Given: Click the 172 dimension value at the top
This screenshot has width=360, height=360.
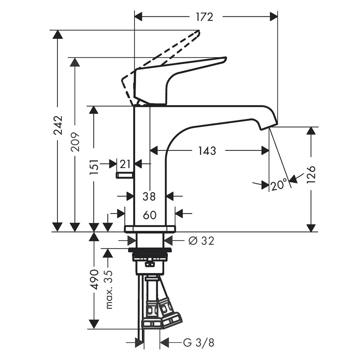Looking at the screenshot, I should [x=205, y=17].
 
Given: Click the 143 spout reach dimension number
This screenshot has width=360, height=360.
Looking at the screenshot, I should [x=207, y=151].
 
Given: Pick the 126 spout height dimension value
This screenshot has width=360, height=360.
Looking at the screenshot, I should [x=312, y=176].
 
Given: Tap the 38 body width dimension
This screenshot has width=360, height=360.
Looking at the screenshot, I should [x=149, y=196].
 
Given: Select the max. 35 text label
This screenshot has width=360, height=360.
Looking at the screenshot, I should [x=109, y=289].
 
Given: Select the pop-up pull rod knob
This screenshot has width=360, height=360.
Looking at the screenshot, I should [x=124, y=175].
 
